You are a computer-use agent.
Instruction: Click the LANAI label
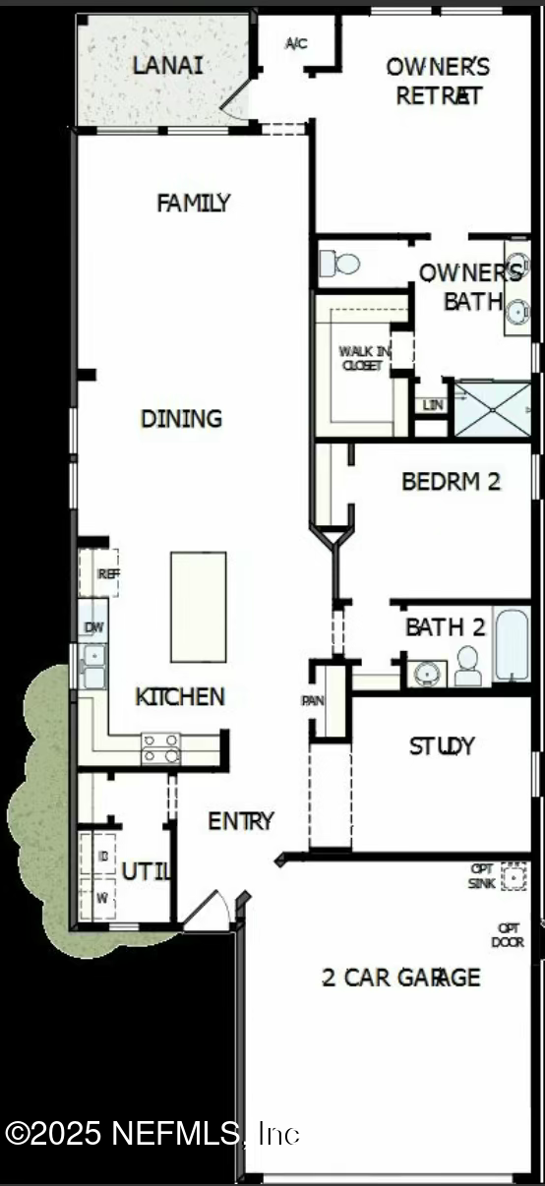[168, 66]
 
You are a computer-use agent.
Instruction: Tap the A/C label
[296, 43]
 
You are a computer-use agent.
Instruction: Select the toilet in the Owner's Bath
[338, 264]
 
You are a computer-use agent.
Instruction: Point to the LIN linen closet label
[431, 405]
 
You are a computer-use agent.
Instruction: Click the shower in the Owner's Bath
[492, 408]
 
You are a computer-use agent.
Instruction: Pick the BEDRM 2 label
[452, 482]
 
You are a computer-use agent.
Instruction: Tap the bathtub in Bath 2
[512, 644]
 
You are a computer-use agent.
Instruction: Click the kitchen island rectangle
[198, 606]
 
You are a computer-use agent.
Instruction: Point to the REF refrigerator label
[106, 573]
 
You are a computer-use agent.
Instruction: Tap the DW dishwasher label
[94, 626]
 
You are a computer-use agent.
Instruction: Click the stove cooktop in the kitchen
[161, 748]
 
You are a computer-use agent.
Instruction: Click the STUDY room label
[442, 746]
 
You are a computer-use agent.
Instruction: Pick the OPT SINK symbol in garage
[514, 875]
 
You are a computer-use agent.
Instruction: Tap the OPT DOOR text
[508, 935]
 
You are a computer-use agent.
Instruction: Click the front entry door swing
[208, 910]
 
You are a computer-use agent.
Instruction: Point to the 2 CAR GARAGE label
[401, 978]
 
